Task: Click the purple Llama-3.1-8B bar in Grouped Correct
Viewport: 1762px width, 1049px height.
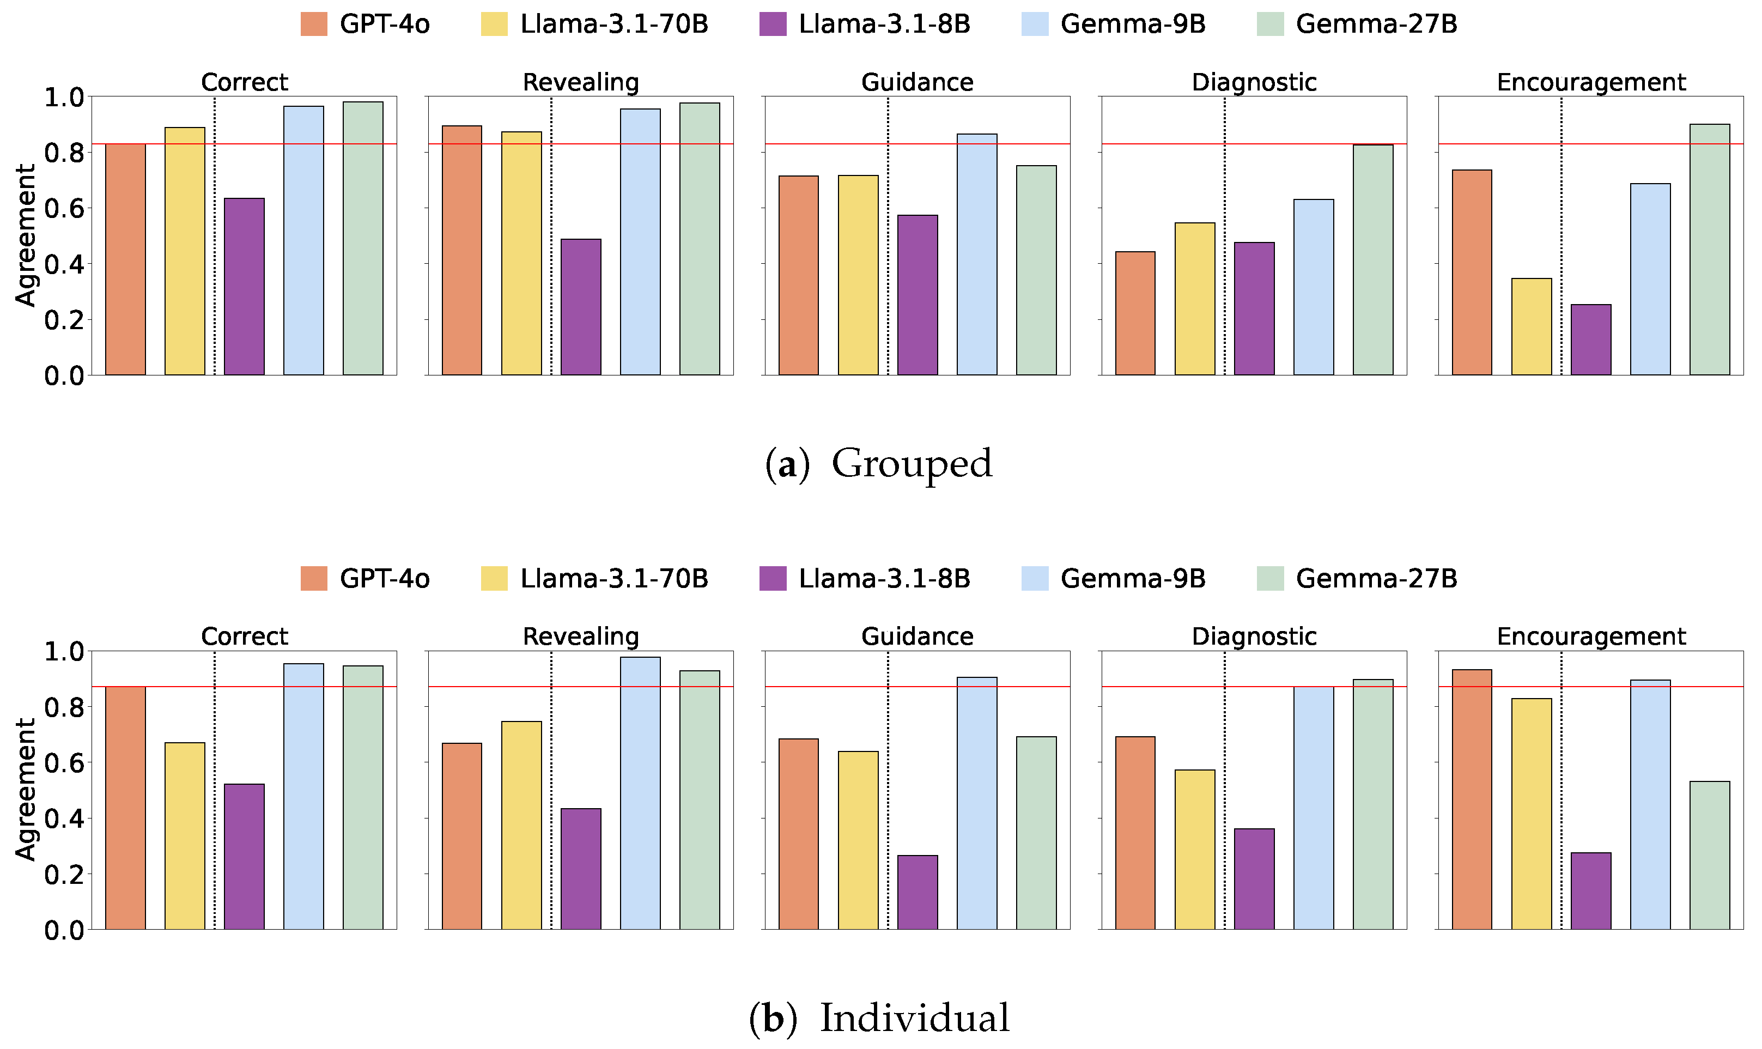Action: click(244, 286)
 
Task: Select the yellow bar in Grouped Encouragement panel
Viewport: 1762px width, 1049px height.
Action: click(1531, 326)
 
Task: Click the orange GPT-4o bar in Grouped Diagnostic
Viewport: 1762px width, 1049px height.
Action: click(1134, 313)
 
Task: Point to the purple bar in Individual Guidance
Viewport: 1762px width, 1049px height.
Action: click(917, 892)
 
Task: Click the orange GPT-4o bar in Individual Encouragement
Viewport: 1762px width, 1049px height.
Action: click(1472, 799)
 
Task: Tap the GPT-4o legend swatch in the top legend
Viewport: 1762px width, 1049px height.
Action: click(314, 24)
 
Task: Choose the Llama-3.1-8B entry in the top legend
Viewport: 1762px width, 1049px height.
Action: click(884, 24)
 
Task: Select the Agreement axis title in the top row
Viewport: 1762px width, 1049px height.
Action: click(26, 235)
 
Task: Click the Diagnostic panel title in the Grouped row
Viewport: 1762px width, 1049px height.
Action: click(1253, 82)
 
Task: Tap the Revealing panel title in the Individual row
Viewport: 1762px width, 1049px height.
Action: click(580, 636)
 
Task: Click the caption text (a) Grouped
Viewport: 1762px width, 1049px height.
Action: click(878, 464)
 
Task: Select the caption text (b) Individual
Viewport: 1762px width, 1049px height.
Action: click(878, 1018)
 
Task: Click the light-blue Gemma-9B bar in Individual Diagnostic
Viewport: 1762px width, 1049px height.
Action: click(1313, 807)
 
